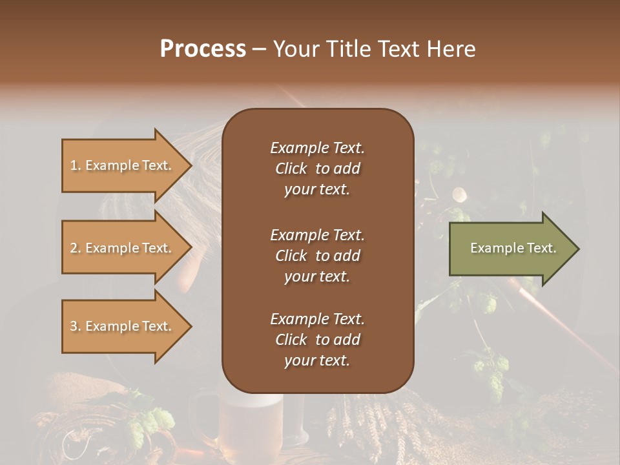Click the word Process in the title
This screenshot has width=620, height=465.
(203, 49)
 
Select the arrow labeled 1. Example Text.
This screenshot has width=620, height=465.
(123, 165)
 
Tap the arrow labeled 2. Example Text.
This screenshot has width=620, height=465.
(123, 248)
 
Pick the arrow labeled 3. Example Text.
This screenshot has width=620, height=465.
(123, 326)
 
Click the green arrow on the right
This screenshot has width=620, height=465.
(510, 249)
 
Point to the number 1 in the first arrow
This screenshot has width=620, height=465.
(74, 165)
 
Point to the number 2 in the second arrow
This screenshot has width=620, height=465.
(74, 248)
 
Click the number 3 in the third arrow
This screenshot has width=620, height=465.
(74, 326)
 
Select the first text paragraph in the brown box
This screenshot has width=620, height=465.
(317, 169)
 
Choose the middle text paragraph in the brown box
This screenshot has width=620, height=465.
(317, 255)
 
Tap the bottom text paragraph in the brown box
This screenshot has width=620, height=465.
(317, 340)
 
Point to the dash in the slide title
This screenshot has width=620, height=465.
(259, 50)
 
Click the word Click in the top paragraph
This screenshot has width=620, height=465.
(291, 169)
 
